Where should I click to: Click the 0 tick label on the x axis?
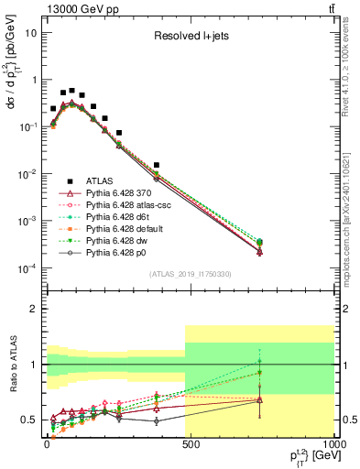47,442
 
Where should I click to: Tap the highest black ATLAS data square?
71,91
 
